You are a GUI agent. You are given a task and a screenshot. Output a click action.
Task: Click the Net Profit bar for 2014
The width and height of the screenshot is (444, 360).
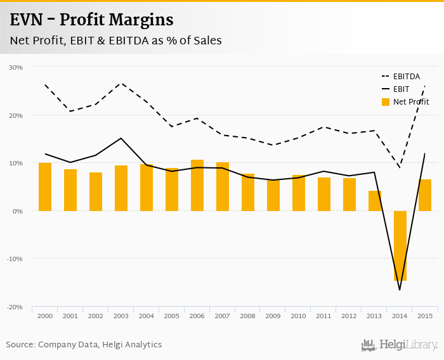point(400,246)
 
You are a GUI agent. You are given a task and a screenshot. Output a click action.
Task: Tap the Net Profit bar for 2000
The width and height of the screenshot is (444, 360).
point(45,187)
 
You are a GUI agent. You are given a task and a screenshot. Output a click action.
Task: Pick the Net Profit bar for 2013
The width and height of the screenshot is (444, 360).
point(375,200)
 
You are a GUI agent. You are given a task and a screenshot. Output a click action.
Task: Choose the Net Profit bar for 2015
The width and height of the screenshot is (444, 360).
point(425,195)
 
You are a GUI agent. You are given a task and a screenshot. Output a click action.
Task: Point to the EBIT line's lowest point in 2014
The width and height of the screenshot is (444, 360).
point(400,290)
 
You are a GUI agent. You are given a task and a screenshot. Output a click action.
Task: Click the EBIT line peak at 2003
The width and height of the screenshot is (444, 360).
point(121,138)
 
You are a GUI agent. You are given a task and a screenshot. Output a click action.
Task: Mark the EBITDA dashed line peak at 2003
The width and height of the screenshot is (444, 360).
point(121,83)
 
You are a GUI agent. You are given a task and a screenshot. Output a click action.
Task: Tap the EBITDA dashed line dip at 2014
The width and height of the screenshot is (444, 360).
point(400,167)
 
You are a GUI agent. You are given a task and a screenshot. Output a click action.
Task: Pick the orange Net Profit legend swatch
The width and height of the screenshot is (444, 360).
point(386,101)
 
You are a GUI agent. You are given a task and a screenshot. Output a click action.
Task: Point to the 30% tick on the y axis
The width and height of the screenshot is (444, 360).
point(16,67)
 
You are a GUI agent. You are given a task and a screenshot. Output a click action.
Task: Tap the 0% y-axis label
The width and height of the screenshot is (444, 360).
point(18,211)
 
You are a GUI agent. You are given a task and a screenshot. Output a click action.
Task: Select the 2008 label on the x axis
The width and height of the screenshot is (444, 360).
point(248,316)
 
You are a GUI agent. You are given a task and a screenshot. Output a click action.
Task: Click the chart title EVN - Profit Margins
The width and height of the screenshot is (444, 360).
point(91,20)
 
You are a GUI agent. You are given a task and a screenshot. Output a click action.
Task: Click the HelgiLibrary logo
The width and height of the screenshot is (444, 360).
point(400,345)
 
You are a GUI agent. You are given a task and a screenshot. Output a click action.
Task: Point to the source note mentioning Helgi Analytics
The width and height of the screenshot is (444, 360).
point(84,345)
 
